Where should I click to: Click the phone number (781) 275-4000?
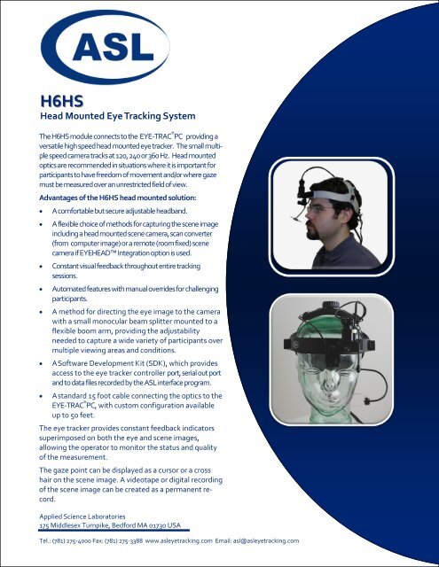pos(80,540)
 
